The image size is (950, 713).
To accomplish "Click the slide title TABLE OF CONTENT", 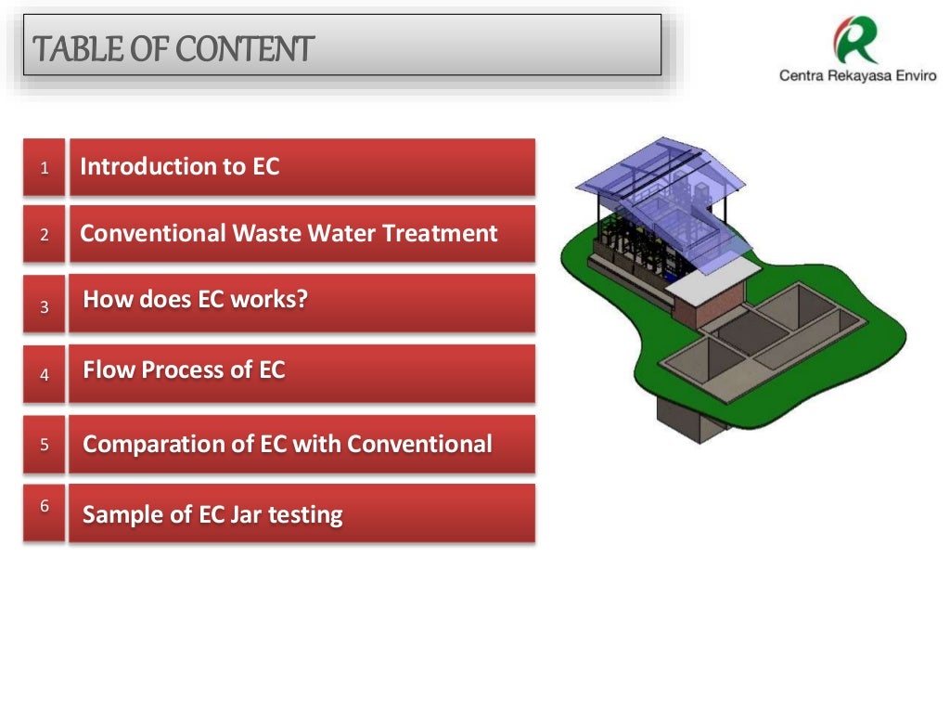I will coord(173,48).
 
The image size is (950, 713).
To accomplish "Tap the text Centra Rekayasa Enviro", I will coord(857,76).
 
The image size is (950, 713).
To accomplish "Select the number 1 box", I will coord(44,168).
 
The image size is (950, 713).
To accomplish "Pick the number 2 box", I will coord(44,235).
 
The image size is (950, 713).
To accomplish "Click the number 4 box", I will coord(44,375).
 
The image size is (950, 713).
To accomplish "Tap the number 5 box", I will coord(44,444).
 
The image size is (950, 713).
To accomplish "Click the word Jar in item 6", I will coord(246,514).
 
